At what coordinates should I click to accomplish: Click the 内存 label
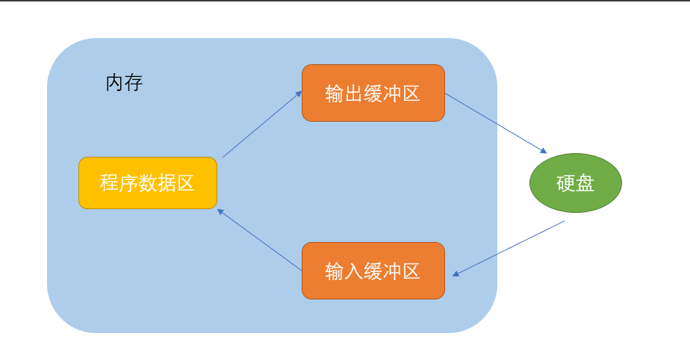[x=124, y=83]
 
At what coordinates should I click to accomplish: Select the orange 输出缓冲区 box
[x=373, y=93]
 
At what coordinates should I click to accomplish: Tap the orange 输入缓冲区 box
[x=373, y=270]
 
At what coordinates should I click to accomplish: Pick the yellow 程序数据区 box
[x=148, y=183]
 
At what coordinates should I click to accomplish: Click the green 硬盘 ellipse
[x=575, y=183]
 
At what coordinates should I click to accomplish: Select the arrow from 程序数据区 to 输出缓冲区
[x=262, y=124]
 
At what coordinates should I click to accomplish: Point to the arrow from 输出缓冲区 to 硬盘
[x=496, y=123]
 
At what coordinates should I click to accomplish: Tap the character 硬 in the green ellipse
[x=566, y=184]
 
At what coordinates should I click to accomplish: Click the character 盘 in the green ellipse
[x=585, y=184]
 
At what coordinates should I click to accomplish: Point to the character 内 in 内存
[x=114, y=83]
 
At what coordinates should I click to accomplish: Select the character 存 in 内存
[x=134, y=83]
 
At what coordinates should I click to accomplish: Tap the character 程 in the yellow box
[x=110, y=183]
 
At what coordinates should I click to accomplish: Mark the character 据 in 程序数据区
[x=167, y=183]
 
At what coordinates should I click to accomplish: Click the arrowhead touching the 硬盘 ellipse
[x=543, y=150]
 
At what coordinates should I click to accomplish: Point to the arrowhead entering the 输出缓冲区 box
[x=299, y=93]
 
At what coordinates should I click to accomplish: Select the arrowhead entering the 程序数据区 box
[x=221, y=211]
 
